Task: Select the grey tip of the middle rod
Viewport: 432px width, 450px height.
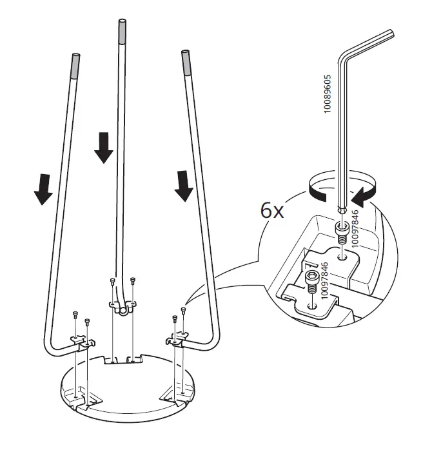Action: point(122,30)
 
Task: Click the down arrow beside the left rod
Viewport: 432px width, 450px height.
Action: point(43,187)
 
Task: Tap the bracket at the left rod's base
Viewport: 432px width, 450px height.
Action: point(81,342)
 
